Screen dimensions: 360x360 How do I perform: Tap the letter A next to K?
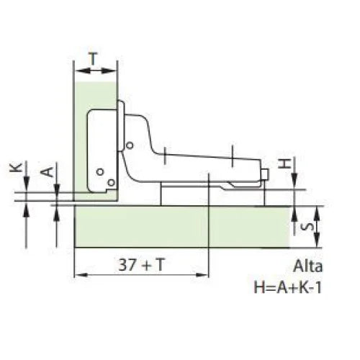coord(45,172)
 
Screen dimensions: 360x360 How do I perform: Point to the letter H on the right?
coord(286,163)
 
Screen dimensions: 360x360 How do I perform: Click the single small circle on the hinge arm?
coord(129,145)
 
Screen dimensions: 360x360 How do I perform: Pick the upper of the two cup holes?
coord(100,171)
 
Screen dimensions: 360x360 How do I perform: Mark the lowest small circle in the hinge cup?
coord(110,183)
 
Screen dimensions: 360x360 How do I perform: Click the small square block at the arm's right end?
coord(265,175)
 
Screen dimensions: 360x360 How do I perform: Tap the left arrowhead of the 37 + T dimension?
coord(78,275)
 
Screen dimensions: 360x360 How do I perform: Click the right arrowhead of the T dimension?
coord(113,70)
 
